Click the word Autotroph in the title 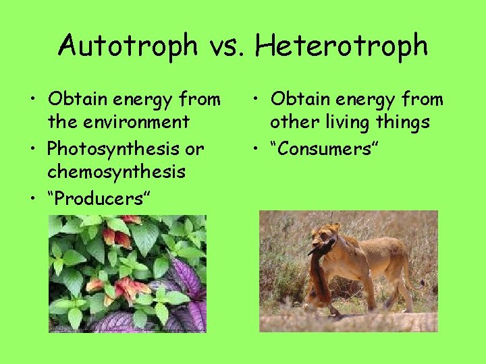[126, 46]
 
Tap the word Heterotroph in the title [342, 46]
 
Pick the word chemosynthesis [116, 172]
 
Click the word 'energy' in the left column [138, 100]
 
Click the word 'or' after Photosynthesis [195, 148]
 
